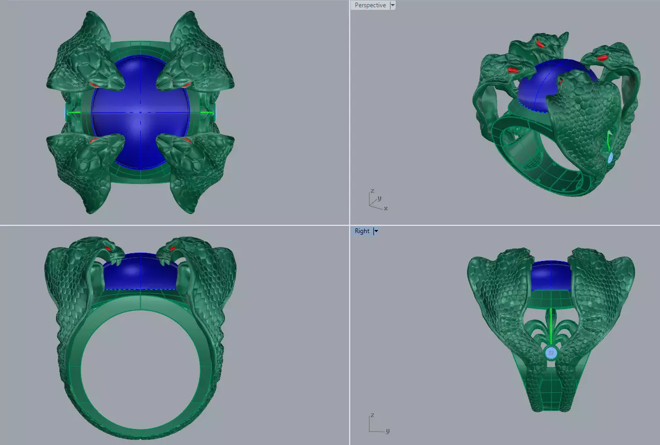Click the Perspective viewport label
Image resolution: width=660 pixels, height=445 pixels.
[x=370, y=5]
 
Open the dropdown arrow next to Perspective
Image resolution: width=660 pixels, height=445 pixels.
[x=392, y=5]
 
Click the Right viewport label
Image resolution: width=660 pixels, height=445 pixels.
[x=362, y=231]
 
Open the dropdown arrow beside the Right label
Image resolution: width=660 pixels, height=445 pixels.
[x=376, y=231]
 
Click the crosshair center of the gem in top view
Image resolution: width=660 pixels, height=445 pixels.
[x=140, y=112]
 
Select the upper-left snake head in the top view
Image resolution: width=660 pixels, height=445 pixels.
[x=91, y=62]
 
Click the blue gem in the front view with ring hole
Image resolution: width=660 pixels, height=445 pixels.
[x=140, y=274]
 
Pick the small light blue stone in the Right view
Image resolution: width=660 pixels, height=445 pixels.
[x=551, y=354]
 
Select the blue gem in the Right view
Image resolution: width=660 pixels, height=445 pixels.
[x=551, y=276]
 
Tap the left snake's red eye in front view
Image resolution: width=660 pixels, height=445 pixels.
[x=110, y=249]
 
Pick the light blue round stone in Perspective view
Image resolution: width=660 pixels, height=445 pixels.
[x=610, y=158]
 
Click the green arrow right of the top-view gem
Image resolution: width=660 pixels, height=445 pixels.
[x=206, y=112]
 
